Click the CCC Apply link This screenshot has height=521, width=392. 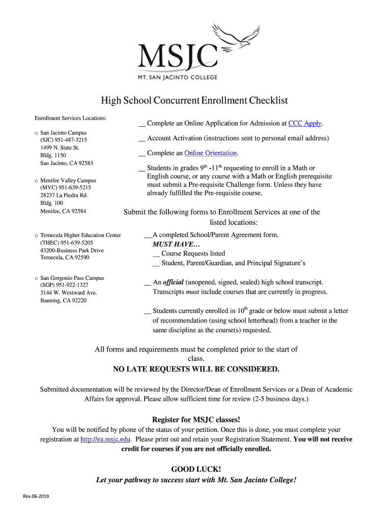click(x=304, y=123)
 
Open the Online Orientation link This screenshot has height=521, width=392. click(x=211, y=153)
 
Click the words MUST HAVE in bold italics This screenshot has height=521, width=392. click(x=170, y=244)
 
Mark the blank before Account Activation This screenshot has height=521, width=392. click(x=142, y=138)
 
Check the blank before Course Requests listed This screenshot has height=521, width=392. click(x=156, y=253)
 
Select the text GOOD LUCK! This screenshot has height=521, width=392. click(x=196, y=469)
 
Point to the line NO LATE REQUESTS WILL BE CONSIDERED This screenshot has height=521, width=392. click(x=196, y=369)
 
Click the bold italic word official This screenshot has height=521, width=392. click(x=173, y=282)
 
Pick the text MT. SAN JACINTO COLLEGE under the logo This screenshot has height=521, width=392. click(x=178, y=77)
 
